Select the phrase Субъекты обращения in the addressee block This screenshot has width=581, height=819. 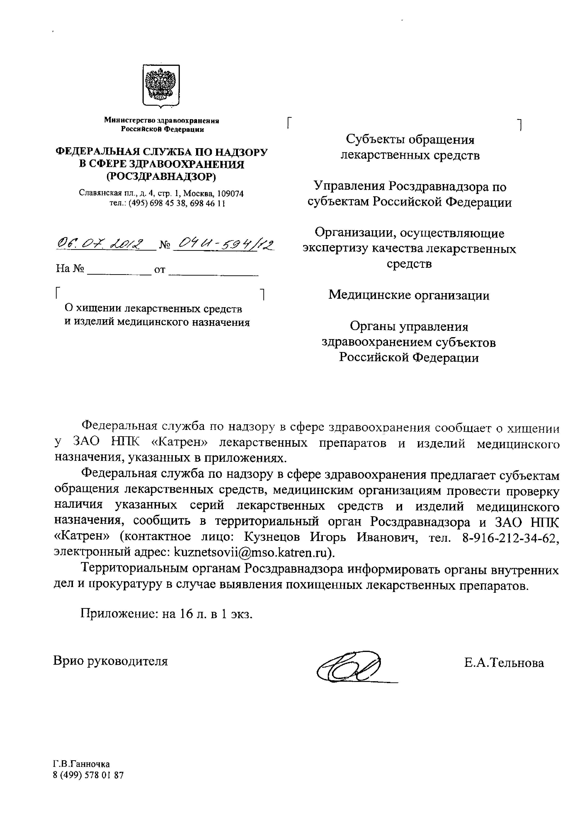click(x=410, y=139)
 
